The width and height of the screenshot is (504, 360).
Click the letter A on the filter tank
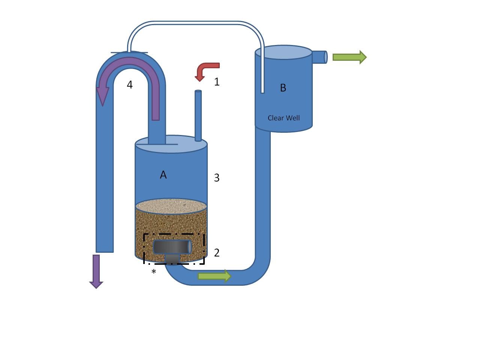coord(163,175)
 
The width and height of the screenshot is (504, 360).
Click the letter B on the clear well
coord(283,87)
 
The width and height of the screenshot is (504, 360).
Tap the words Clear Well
coord(283,118)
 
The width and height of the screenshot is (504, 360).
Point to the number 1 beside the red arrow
coord(217,82)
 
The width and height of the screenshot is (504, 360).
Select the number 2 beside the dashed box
coord(217,253)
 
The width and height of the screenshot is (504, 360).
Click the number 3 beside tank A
coord(217,178)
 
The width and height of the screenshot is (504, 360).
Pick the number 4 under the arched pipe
coord(130,85)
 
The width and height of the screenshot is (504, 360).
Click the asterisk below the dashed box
coord(154,271)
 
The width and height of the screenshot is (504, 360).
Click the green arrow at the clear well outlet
coord(349,57)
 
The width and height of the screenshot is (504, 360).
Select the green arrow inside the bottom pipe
coord(214,276)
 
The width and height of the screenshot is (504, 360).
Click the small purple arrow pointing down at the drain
coord(96,271)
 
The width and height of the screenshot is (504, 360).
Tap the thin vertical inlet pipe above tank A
coord(198,115)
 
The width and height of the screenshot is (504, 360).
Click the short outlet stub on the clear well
coord(319,57)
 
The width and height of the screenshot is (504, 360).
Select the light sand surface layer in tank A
coord(171,206)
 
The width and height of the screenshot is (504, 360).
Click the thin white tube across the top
coord(195,23)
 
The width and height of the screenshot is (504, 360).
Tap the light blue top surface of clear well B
coord(283,52)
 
